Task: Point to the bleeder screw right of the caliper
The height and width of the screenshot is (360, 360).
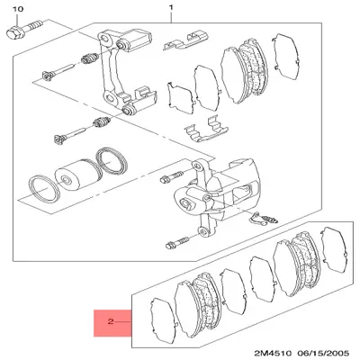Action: point(266,217)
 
